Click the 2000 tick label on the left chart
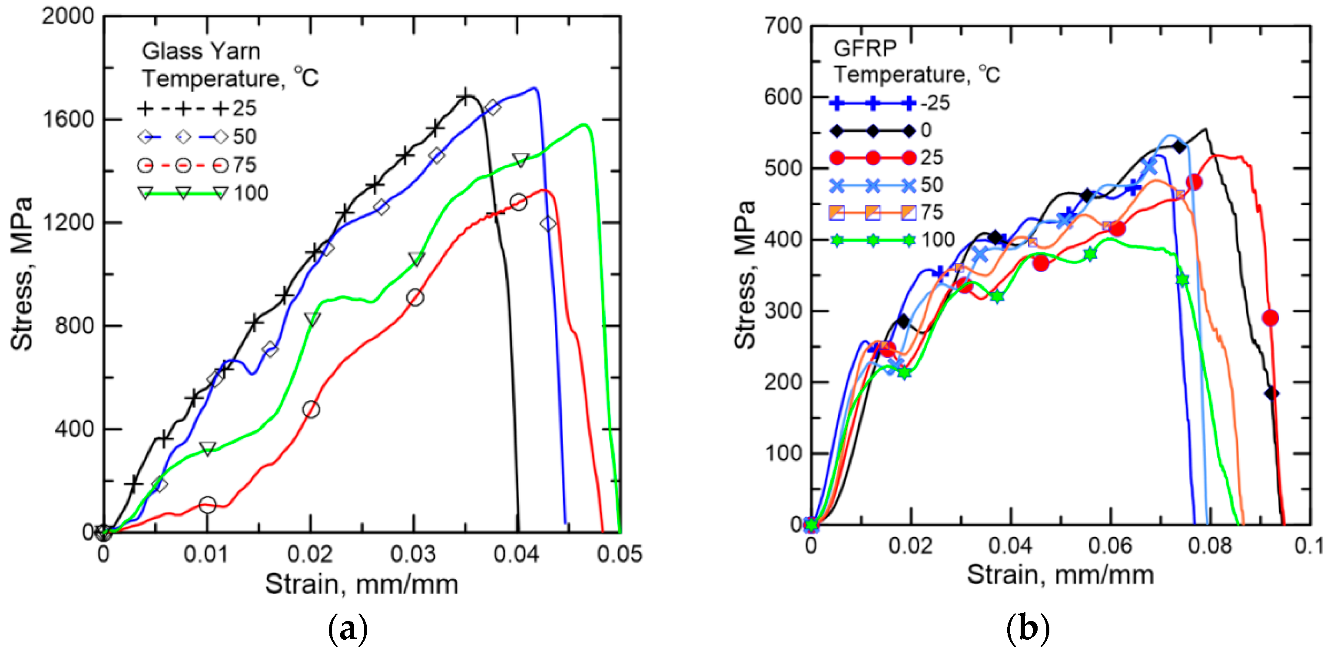(67, 17)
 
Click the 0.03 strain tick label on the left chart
(413, 555)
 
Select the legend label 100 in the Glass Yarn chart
(251, 194)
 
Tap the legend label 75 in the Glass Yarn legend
(244, 165)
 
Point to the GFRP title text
(865, 48)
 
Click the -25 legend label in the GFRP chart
(935, 103)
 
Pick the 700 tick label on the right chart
(783, 26)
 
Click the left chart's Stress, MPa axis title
(22, 273)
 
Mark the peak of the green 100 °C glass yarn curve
(584, 125)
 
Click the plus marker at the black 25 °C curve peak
(466, 97)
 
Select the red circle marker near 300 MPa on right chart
(1271, 318)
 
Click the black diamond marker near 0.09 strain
(1271, 393)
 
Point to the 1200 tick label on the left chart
(67, 223)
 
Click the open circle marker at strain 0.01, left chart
(207, 505)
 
